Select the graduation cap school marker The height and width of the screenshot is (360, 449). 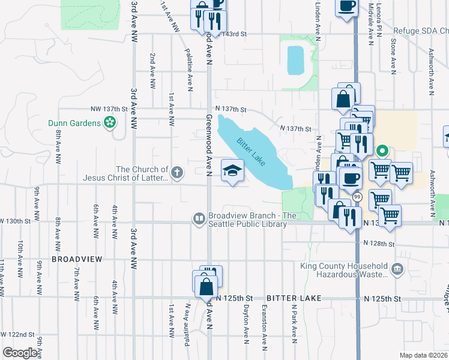point(232,170)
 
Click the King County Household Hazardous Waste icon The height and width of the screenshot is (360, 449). point(397,269)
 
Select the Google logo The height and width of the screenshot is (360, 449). point(20,353)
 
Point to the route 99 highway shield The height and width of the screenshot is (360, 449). point(357,197)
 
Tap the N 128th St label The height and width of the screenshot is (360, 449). point(379,244)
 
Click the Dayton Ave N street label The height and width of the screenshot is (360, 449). point(246,327)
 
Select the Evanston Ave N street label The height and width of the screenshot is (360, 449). point(264,327)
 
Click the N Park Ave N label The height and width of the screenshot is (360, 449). point(294,327)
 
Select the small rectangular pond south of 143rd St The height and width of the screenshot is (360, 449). point(295,61)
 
